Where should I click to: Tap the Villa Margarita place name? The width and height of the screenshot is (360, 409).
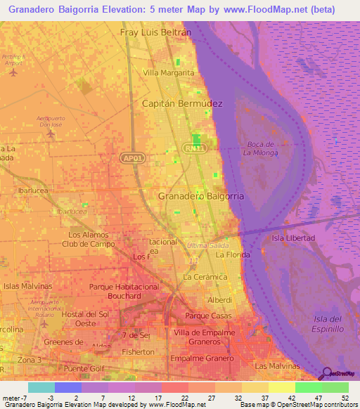pyautogui.click(x=169, y=72)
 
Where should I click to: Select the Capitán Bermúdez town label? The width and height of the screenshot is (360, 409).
pyautogui.click(x=183, y=103)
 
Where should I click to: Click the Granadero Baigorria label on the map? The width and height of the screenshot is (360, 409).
pyautogui.click(x=201, y=197)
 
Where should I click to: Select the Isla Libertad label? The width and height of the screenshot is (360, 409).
pyautogui.click(x=293, y=238)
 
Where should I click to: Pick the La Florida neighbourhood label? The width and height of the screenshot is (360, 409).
pyautogui.click(x=233, y=255)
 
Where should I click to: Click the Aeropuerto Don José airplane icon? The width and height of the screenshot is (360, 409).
pyautogui.click(x=49, y=132)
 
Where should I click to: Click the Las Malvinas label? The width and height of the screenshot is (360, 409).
pyautogui.click(x=276, y=366)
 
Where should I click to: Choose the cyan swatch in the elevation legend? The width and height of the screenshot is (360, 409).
pyautogui.click(x=41, y=387)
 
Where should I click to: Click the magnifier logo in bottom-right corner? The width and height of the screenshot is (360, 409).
pyautogui.click(x=326, y=374)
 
